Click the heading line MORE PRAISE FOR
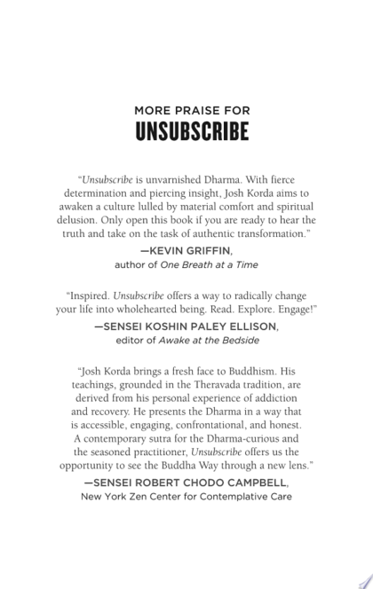[186, 110]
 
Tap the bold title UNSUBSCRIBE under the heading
[186, 131]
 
